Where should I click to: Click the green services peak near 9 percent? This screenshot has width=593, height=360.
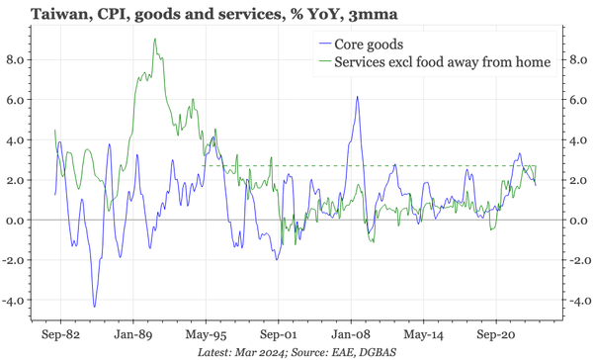point(155,40)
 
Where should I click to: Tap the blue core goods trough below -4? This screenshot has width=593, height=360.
point(95,306)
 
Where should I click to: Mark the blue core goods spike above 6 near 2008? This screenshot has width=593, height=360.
point(355,96)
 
